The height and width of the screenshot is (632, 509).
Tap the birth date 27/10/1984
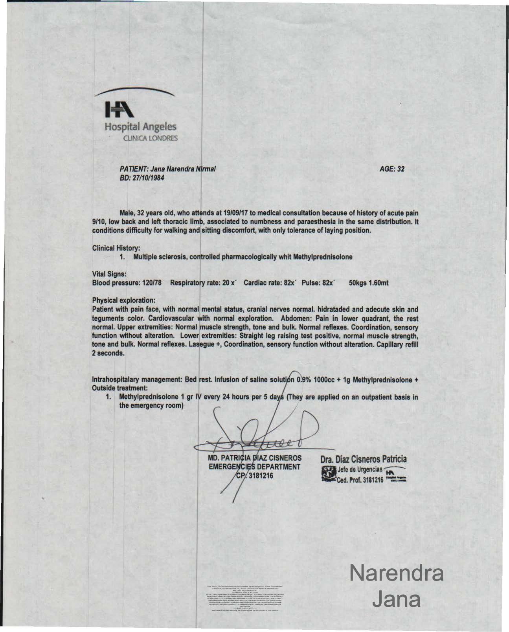[144, 178]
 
